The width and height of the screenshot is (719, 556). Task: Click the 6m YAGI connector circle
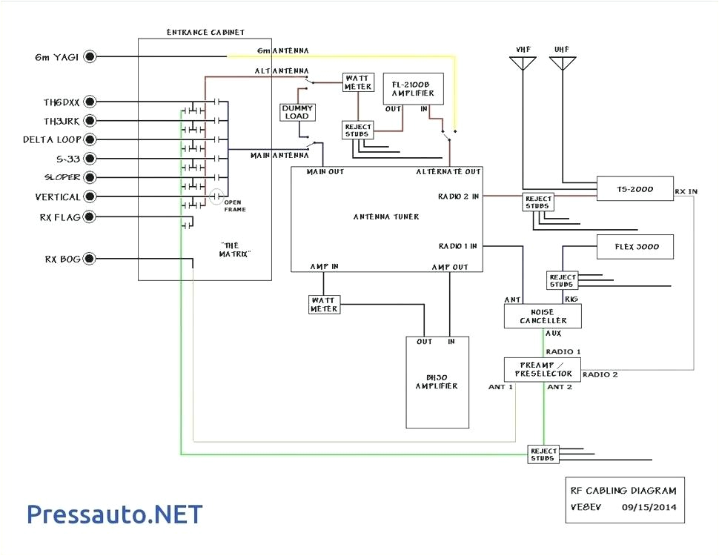pyautogui.click(x=90, y=56)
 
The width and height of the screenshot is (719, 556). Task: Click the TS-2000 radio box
pyautogui.click(x=634, y=189)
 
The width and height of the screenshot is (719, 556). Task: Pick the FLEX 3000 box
pyautogui.click(x=634, y=247)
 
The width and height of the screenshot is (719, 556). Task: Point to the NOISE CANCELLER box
pyautogui.click(x=543, y=317)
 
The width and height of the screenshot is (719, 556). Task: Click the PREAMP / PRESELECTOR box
pyautogui.click(x=543, y=369)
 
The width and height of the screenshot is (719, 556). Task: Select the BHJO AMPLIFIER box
pyautogui.click(x=437, y=383)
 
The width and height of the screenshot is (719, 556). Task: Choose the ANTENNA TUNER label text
pyautogui.click(x=386, y=216)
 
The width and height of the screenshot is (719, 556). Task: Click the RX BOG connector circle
pyautogui.click(x=90, y=259)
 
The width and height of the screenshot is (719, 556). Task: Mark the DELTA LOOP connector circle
pyautogui.click(x=90, y=139)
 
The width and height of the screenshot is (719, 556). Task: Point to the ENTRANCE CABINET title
pyautogui.click(x=205, y=33)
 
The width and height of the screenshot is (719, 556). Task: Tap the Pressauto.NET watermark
pyautogui.click(x=115, y=513)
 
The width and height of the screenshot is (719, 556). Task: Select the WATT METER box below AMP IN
pyautogui.click(x=324, y=304)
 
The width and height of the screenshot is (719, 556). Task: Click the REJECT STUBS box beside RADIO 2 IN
pyautogui.click(x=539, y=202)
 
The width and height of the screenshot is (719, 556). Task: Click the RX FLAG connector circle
pyautogui.click(x=90, y=217)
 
